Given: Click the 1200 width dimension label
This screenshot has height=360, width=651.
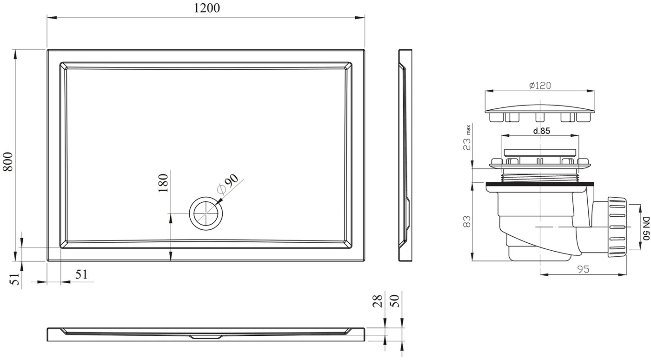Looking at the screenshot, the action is (x=206, y=8).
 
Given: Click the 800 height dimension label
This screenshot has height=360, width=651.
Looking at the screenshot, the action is (x=8, y=162).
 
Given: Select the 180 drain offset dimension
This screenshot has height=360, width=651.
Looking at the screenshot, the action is (x=163, y=183).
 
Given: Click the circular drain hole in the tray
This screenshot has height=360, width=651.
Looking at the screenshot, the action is (x=206, y=213).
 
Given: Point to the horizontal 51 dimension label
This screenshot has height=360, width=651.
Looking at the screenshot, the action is (x=81, y=274).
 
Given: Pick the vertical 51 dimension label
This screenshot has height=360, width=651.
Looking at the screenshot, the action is (x=15, y=279).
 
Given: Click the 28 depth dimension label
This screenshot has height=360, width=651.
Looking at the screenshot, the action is (x=377, y=301).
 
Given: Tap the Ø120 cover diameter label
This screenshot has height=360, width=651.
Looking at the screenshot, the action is (x=540, y=86).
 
